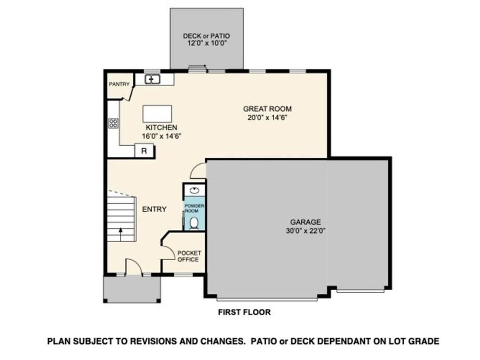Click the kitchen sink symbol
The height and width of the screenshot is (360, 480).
[x=153, y=79]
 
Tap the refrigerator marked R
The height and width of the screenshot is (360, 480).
[x=144, y=151]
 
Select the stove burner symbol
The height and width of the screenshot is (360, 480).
[x=113, y=123]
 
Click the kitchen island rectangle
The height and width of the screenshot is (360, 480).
[x=157, y=114]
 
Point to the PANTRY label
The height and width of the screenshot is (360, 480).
[x=119, y=84]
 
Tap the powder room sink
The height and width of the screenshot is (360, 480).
[x=194, y=190]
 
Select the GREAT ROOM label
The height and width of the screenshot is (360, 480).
[x=267, y=109]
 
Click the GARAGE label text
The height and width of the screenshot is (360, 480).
[x=305, y=222]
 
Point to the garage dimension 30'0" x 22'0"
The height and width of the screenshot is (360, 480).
[x=305, y=231]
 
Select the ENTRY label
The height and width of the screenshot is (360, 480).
[x=154, y=209]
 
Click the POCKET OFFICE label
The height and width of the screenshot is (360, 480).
[x=188, y=256]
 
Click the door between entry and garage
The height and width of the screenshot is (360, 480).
[x=198, y=171]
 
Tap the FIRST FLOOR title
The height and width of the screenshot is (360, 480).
[x=244, y=313]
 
